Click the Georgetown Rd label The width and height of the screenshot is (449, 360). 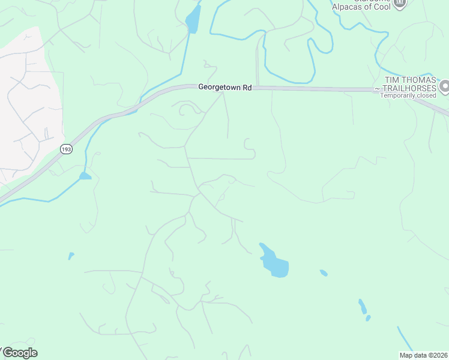tap(224, 88)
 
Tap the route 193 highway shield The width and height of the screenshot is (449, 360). tap(67, 149)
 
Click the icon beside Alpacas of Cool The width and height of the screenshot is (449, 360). tap(400, 4)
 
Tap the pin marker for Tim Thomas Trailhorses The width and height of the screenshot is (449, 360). tap(444, 88)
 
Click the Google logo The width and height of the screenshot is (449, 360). tap(19, 353)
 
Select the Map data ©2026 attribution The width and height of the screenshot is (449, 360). tap(423, 355)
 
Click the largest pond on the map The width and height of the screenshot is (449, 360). tap(276, 264)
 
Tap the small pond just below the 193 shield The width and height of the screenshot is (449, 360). tap(85, 176)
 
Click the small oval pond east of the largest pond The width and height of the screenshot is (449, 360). tap(324, 273)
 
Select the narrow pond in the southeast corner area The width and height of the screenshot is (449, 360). tap(363, 307)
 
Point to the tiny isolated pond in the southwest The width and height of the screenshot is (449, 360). tap(71, 256)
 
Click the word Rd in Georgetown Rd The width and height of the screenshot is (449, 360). tap(246, 88)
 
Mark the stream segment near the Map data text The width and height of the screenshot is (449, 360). tap(405, 340)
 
